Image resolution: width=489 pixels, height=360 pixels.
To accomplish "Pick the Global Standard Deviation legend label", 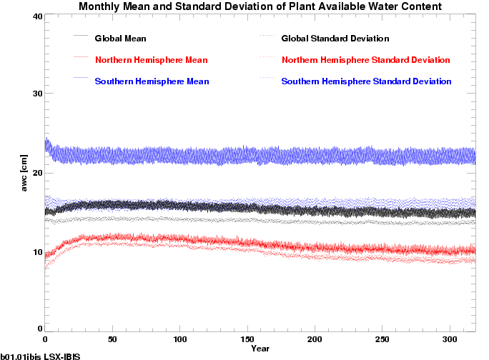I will tap(335, 38).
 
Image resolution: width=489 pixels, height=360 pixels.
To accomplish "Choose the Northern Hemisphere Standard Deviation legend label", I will tap(365, 59).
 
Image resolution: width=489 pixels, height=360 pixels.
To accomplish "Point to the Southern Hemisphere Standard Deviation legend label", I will tap(366, 81).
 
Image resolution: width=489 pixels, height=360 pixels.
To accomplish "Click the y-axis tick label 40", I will tap(35, 16).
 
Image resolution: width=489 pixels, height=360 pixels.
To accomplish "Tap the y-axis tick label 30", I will tap(35, 94).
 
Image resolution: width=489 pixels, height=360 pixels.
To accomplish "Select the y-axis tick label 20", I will tap(35, 173).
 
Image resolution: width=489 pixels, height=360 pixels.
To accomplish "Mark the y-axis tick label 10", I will tap(35, 251).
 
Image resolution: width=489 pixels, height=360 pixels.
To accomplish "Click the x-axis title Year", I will tap(260, 349).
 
